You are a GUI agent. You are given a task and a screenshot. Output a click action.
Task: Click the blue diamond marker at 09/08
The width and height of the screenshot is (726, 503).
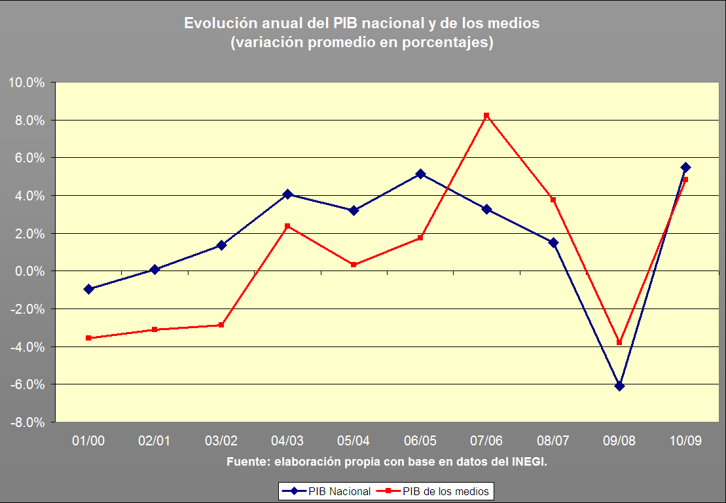[619, 386]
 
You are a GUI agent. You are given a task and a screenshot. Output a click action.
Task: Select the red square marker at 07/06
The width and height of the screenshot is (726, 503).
[486, 115]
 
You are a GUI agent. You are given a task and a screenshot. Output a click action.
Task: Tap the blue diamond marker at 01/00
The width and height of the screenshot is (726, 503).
[88, 289]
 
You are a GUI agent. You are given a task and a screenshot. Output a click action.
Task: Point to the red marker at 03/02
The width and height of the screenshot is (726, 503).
[221, 325]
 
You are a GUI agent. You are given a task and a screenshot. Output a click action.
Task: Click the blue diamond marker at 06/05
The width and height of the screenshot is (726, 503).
[420, 174]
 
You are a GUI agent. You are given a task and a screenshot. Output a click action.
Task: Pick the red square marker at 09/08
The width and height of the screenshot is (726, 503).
[619, 342]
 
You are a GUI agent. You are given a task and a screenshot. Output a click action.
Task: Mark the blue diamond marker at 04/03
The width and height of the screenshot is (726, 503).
[287, 194]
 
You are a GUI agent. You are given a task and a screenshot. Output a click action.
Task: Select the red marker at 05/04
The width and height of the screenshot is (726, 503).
[354, 265]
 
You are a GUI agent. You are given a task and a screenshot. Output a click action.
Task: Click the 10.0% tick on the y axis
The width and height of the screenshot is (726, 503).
[26, 83]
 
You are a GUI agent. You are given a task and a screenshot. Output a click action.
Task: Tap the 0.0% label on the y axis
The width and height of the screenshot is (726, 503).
[28, 271]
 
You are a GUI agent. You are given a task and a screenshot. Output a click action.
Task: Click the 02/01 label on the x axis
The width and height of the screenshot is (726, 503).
[154, 441]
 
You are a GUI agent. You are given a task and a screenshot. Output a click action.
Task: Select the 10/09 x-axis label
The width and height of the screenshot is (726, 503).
[685, 441]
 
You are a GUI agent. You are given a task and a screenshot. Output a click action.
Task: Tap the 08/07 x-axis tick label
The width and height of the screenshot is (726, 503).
[553, 441]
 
